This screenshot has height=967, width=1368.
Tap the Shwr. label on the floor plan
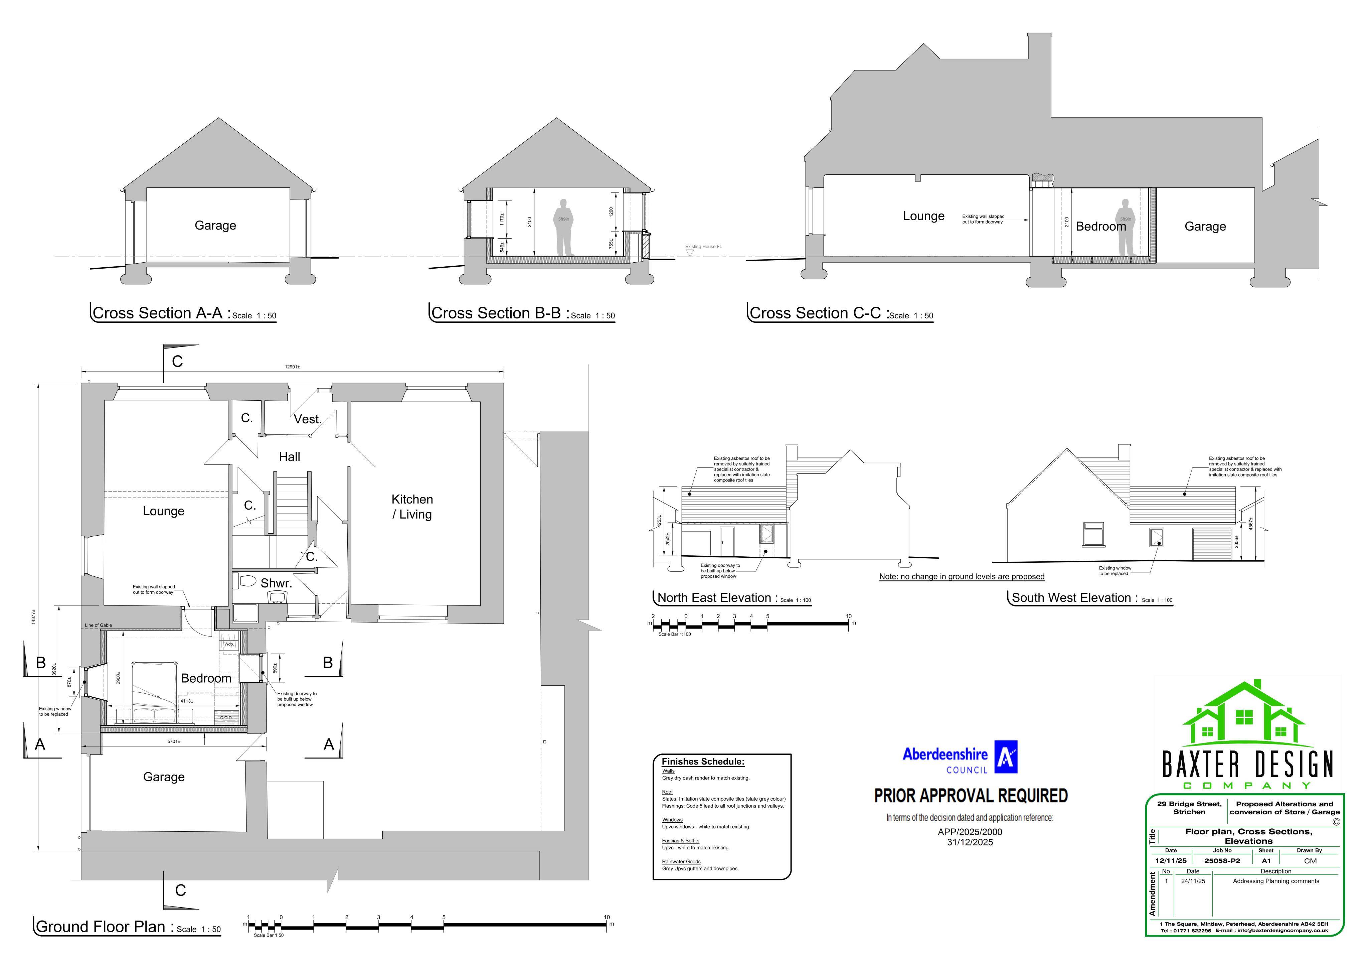277,583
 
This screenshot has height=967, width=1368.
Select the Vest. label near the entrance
308,419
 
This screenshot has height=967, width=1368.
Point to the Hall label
290,457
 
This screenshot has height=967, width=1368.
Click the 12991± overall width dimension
292,367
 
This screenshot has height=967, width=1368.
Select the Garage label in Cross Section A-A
215,225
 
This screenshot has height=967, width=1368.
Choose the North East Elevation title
714,598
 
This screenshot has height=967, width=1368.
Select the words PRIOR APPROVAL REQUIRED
971,796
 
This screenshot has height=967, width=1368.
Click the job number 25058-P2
1222,861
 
